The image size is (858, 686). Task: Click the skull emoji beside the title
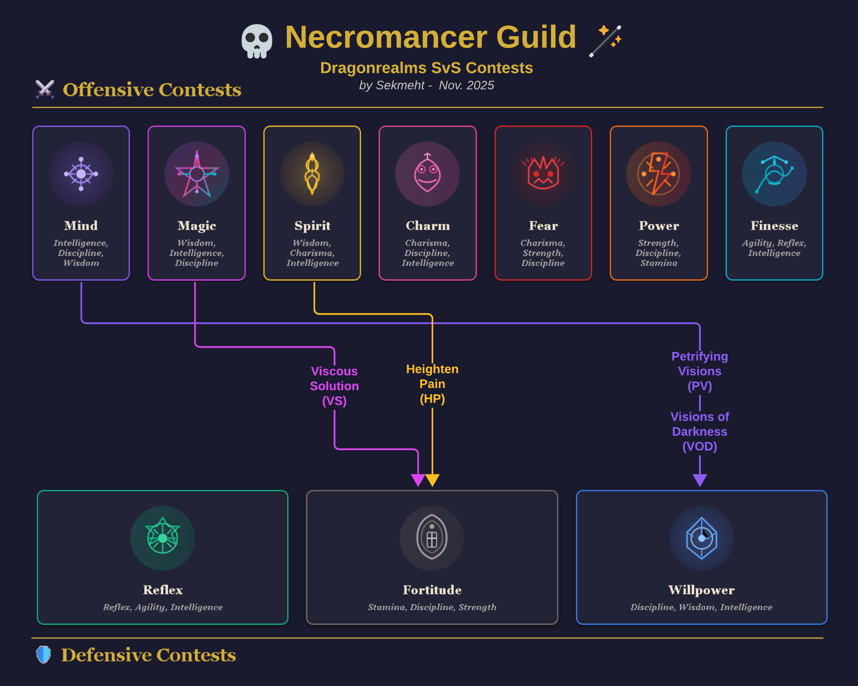[257, 41]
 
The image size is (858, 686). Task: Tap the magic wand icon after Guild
[605, 41]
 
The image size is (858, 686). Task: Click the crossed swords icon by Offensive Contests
[45, 89]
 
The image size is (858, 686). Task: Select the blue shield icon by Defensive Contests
[43, 655]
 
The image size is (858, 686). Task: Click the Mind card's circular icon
[81, 174]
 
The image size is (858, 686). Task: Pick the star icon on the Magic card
[197, 174]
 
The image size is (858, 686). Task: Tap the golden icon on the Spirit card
[312, 174]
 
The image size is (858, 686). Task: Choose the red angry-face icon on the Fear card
[543, 174]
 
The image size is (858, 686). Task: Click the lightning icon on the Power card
[658, 174]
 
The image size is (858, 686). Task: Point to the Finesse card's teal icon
[774, 174]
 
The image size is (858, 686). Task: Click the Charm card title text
[428, 226]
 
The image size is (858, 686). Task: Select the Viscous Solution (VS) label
[334, 386]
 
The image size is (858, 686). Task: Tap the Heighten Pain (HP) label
[432, 384]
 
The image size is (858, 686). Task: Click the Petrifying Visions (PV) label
[700, 371]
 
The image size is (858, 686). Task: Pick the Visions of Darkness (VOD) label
[700, 432]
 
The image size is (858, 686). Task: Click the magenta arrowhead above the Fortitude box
[418, 480]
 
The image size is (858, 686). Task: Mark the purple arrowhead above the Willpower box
[700, 480]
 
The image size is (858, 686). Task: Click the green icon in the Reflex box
[163, 538]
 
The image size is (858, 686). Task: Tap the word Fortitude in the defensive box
[432, 590]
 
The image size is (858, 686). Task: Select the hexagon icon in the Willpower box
[702, 538]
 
